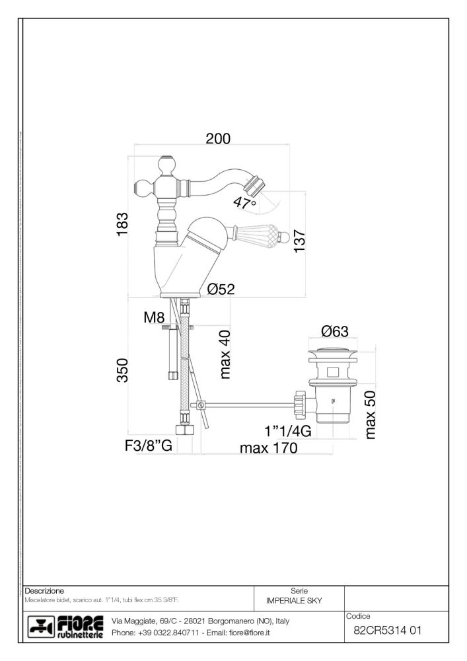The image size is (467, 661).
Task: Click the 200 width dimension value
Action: (x=217, y=139)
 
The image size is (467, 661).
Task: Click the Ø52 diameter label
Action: (x=221, y=289)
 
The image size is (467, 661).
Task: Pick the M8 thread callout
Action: (x=153, y=318)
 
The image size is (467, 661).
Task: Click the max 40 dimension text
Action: (x=225, y=356)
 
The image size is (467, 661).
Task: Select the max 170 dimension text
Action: (x=268, y=449)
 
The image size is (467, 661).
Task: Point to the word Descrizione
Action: (x=44, y=589)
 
